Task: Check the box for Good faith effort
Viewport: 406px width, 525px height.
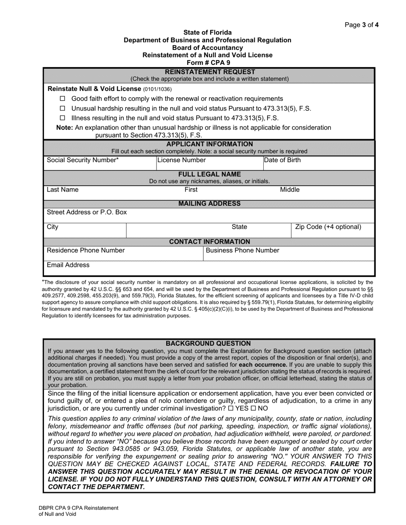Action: coord(62,99)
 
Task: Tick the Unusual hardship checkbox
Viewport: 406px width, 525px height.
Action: coord(62,108)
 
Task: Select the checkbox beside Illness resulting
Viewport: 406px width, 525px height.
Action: coord(62,118)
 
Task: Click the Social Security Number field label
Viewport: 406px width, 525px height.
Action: coord(82,160)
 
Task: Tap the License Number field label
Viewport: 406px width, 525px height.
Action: coord(182,160)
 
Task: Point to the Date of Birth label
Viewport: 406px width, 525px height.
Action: coord(282,160)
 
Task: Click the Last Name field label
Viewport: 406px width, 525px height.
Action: coord(62,190)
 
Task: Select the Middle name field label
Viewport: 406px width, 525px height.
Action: coord(289,190)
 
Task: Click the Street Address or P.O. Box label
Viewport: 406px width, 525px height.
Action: coord(86,212)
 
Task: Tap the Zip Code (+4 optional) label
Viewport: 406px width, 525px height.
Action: coord(328,227)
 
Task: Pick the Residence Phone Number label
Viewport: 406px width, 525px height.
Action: coord(85,251)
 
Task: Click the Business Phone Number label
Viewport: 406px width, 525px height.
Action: coord(242,251)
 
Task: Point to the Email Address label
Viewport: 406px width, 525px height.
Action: coord(68,265)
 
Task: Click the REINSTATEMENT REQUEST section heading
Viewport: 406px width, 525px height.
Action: coord(210,72)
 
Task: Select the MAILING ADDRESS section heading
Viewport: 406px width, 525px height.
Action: coord(209,204)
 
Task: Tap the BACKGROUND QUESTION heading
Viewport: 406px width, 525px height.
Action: coord(208,343)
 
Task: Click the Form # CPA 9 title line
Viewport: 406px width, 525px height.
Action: coord(207,63)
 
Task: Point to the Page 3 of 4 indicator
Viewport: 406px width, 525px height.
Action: coord(361,25)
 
